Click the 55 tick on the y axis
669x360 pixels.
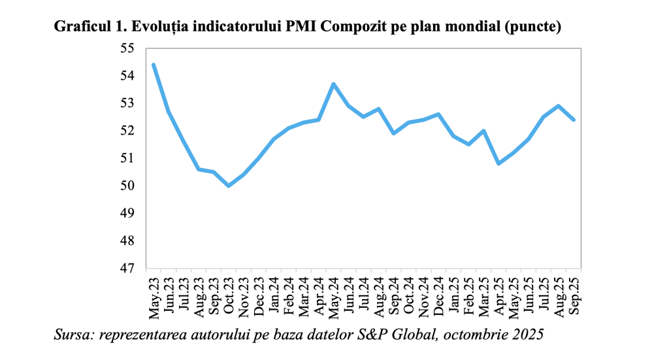coord(125,49)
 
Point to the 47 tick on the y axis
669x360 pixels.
coord(125,269)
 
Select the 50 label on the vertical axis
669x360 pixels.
coord(125,186)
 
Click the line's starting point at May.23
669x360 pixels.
coord(154,65)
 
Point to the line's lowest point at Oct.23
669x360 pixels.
coord(229,186)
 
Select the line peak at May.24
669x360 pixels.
coord(334,84)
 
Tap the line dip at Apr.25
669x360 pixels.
coord(499,163)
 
